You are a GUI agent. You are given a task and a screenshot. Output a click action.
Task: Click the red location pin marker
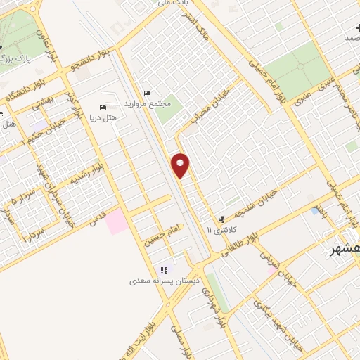pos(181,165)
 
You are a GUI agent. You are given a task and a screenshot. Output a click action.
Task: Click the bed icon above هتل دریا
pos(103,107)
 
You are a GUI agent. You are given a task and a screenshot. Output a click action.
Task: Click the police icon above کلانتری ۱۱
pos(223,220)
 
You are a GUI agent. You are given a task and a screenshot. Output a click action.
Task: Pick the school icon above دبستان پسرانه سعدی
pos(164,270)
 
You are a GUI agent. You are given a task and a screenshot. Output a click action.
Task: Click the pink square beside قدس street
pos(117,221)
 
